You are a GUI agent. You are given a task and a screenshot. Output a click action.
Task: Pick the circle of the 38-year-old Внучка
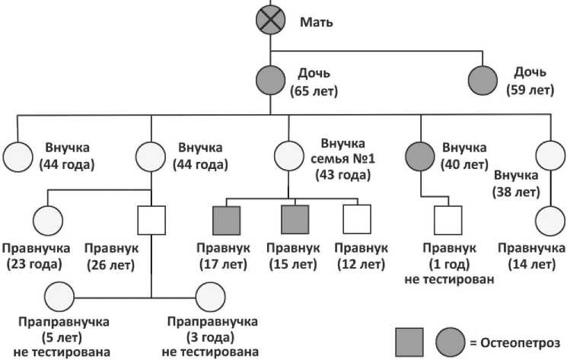pyautogui.click(x=550, y=155)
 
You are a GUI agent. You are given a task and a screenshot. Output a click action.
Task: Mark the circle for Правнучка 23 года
pyautogui.click(x=48, y=221)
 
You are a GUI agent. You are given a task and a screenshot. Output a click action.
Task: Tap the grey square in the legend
pyautogui.click(x=409, y=342)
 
